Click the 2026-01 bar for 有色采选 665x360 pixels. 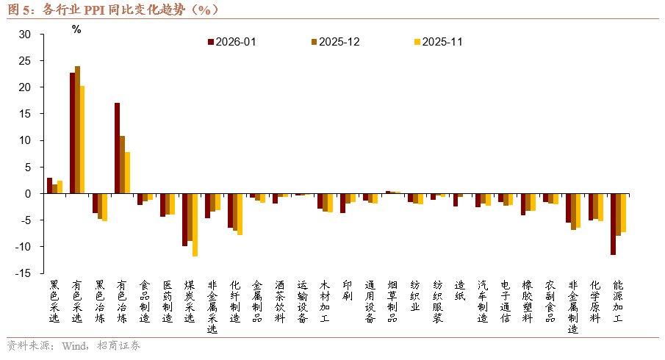point(72,133)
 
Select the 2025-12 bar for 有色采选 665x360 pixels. point(77,130)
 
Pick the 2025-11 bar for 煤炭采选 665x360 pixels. point(195,225)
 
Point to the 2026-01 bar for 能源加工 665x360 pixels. point(613,224)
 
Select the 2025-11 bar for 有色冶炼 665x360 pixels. point(127,173)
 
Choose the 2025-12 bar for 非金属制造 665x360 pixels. point(573,212)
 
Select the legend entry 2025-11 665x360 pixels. point(442,42)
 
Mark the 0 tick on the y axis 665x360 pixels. point(27,194)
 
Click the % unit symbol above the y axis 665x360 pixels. point(76,29)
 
